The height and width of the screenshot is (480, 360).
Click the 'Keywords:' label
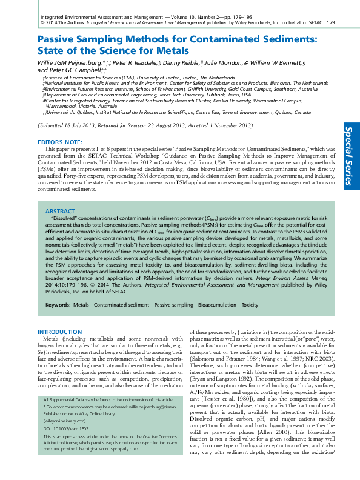click(58, 304)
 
